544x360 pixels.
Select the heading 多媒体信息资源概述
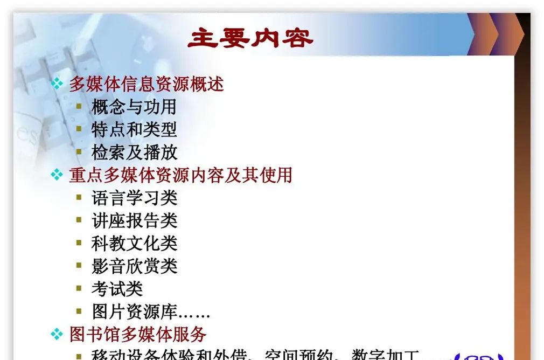146,84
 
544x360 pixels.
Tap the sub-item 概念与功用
134,107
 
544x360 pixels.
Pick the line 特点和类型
134,129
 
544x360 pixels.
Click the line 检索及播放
134,152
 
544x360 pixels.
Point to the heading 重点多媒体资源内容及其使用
180,175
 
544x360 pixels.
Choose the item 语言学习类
134,198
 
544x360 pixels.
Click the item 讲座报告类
134,220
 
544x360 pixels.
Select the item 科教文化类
134,243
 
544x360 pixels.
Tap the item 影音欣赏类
134,266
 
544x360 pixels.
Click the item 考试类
117,289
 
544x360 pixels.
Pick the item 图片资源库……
150,311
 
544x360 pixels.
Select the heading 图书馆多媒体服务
138,334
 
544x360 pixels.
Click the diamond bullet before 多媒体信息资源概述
57,84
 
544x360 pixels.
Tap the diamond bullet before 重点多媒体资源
57,175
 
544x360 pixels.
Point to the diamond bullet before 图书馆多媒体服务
57,334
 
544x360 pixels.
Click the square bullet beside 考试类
79,288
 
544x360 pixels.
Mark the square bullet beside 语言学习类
79,197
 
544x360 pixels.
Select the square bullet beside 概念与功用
79,106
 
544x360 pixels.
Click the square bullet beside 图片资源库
79,311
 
